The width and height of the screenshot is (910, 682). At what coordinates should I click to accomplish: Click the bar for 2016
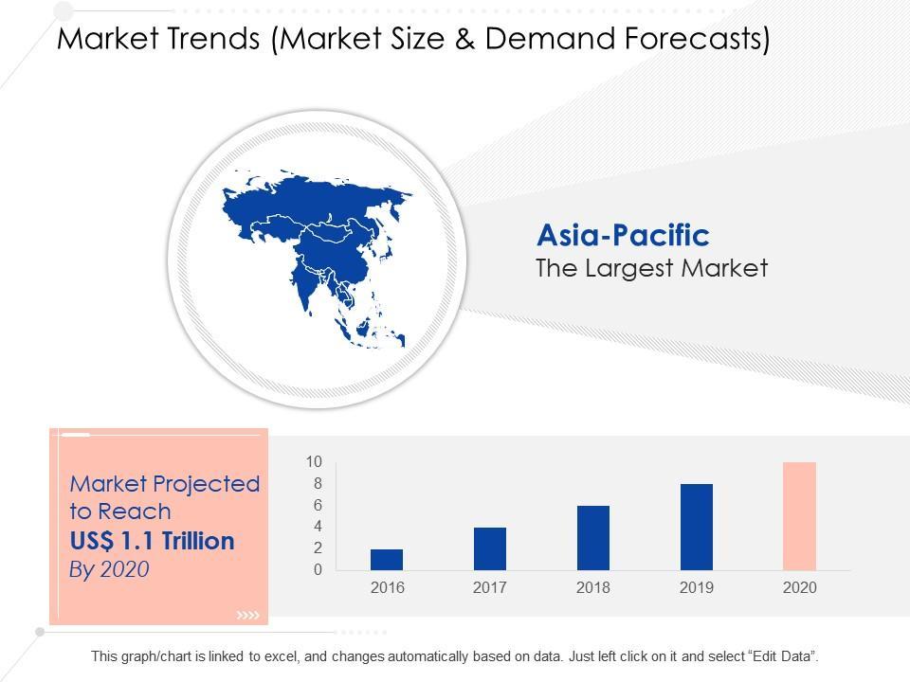[x=387, y=560]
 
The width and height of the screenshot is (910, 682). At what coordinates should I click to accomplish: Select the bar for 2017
[x=490, y=548]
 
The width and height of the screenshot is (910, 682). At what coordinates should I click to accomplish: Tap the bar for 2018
[x=593, y=538]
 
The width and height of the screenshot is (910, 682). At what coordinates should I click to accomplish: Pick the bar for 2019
[x=697, y=527]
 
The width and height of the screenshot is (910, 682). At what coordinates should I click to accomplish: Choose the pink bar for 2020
[x=799, y=516]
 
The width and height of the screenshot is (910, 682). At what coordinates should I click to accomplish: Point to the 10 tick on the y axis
[x=314, y=462]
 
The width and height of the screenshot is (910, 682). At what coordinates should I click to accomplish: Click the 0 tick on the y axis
[x=318, y=570]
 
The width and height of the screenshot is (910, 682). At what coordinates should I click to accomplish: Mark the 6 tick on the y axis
[x=318, y=506]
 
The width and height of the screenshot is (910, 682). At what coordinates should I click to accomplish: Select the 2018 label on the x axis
[x=593, y=588]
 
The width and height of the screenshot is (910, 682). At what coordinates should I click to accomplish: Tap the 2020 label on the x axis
[x=799, y=588]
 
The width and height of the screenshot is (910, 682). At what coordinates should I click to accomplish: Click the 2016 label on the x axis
[x=387, y=588]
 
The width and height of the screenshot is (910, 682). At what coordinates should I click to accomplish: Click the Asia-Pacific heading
[x=623, y=235]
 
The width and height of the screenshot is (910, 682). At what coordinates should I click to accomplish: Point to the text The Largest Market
[x=651, y=269]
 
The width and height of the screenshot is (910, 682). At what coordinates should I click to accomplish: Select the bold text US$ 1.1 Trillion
[x=152, y=542]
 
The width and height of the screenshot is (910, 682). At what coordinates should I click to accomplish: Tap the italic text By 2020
[x=110, y=569]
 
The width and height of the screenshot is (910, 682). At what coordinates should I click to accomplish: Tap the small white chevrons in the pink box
[x=247, y=617]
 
